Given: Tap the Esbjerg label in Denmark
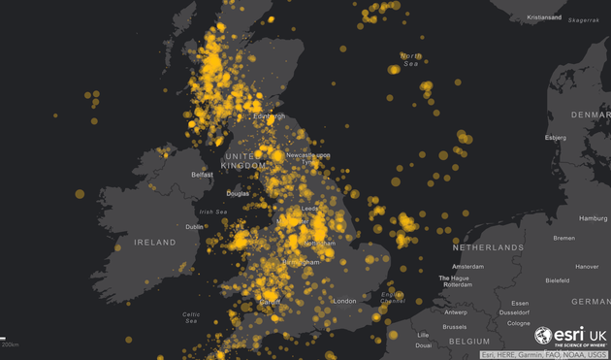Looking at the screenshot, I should click(556, 137).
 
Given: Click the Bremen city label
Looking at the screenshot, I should click(563, 238).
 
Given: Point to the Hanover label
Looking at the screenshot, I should click(587, 266).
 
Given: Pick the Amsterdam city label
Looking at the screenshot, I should click(467, 266).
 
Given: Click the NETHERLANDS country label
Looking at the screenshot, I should click(488, 247).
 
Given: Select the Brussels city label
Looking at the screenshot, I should click(455, 326).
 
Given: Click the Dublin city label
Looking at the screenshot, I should click(195, 227).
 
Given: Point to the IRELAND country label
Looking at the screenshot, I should click(155, 242).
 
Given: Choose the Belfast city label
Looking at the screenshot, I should click(202, 175).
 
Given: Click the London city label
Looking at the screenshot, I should click(344, 301).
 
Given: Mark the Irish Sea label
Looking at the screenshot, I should click(212, 212).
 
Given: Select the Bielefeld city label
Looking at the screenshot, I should click(558, 279).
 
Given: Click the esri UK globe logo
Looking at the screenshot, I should click(544, 336).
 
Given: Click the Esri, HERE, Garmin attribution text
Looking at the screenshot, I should click(544, 354).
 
